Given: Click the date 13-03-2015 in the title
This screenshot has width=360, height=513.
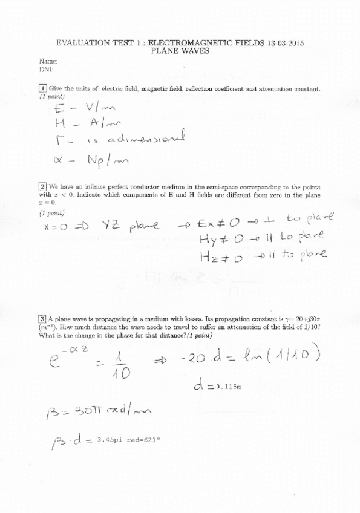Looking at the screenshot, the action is tap(284, 43).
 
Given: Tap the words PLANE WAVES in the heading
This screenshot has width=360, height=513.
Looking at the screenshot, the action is tap(180, 51).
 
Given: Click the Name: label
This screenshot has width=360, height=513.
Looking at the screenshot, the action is tap(48, 62).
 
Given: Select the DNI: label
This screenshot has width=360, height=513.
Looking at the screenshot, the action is tap(46, 70).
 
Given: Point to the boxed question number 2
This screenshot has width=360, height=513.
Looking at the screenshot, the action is tap(42, 186).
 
